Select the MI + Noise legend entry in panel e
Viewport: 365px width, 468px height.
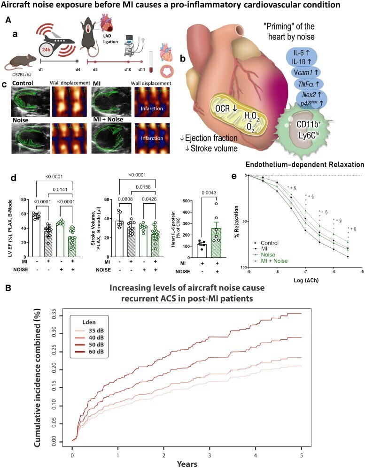pos(273,260)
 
